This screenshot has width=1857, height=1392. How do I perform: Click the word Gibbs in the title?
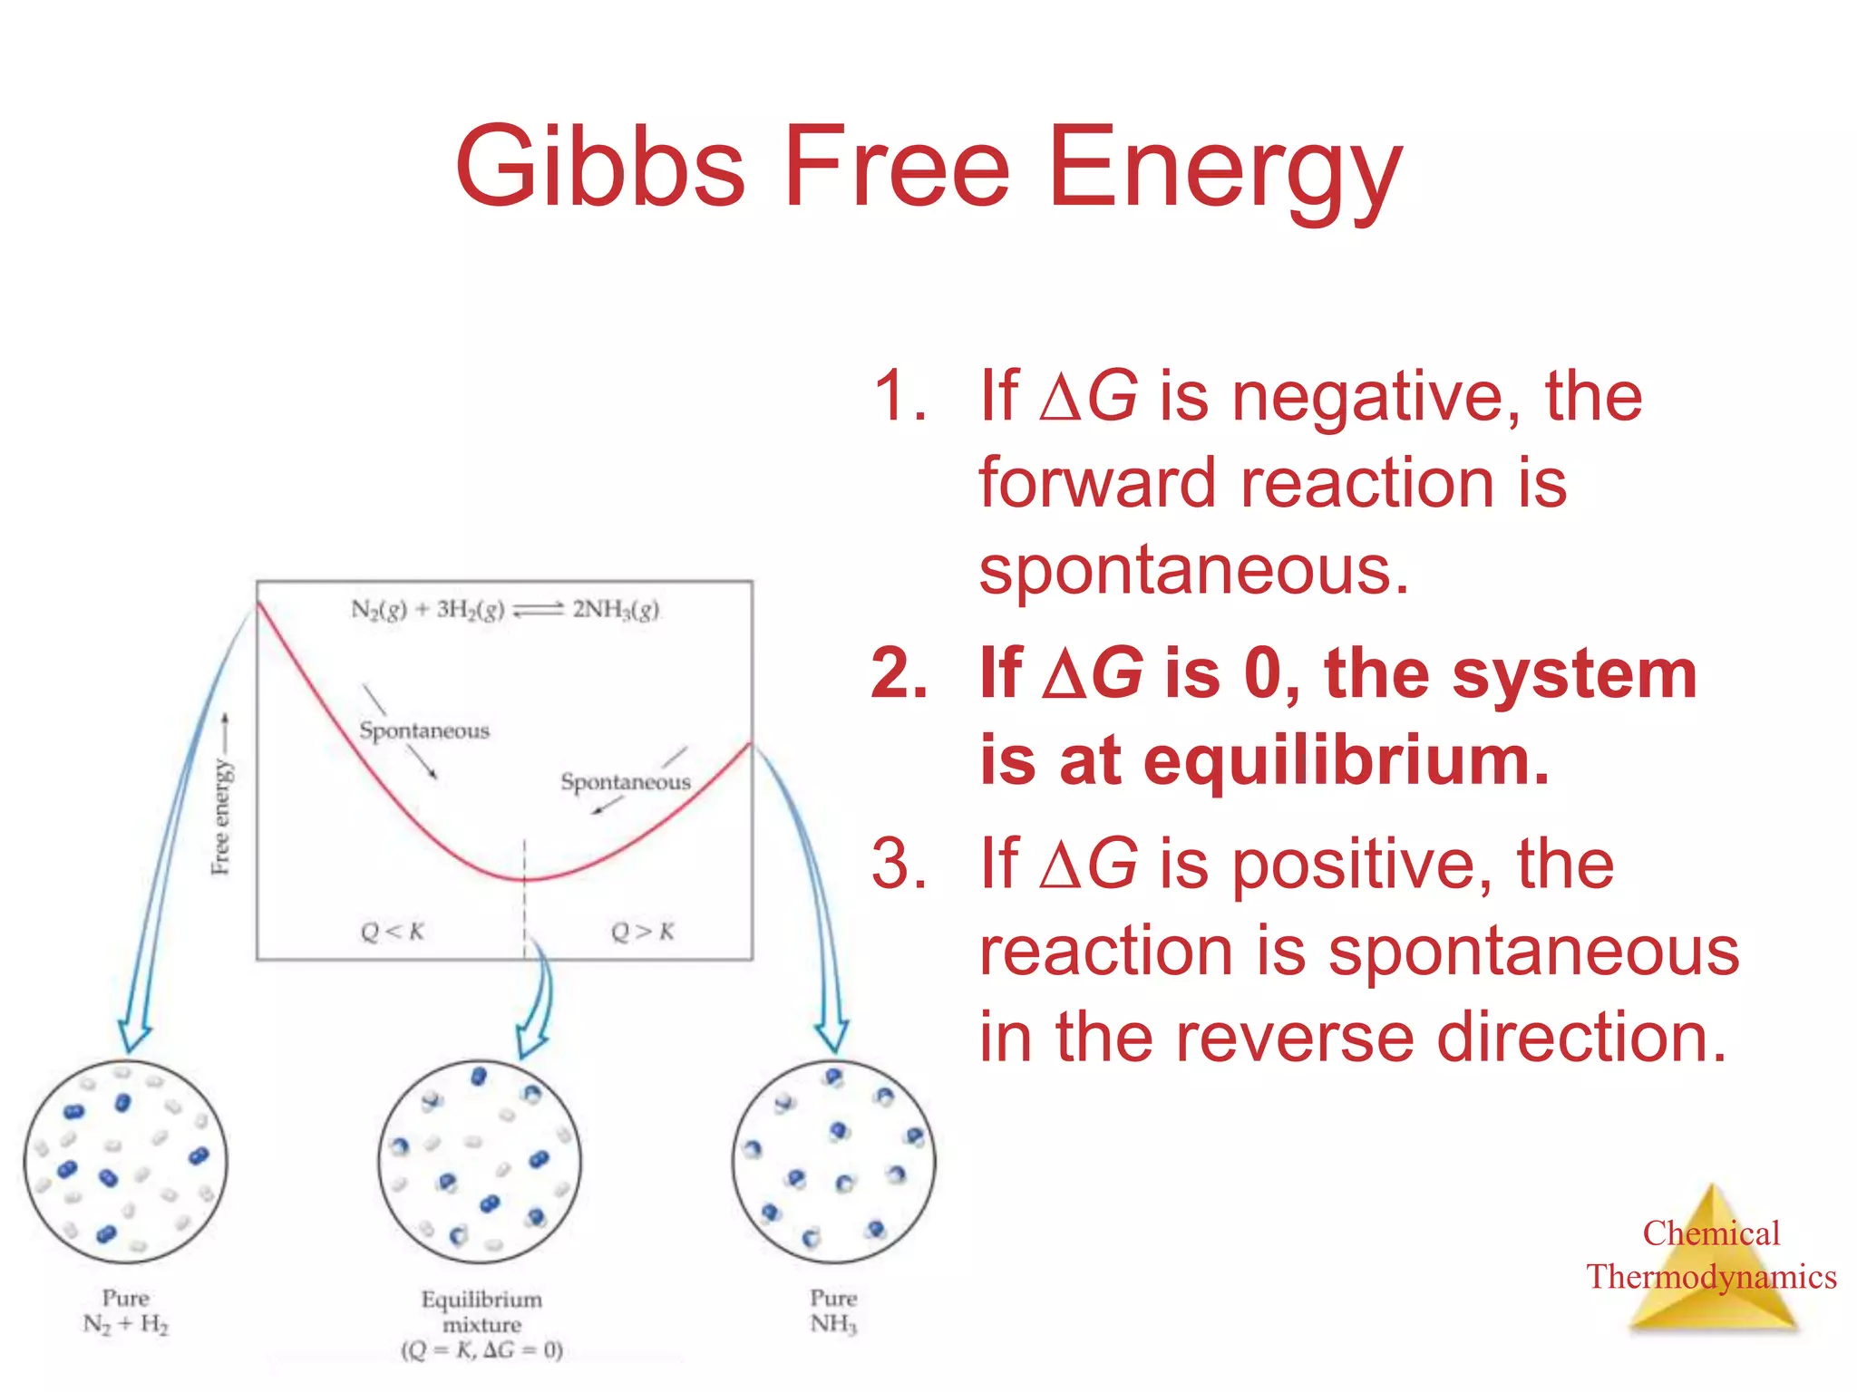pyautogui.click(x=599, y=168)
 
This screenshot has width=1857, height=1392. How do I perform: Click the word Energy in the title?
pyautogui.click(x=1224, y=168)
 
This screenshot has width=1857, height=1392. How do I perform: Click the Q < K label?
pyautogui.click(x=392, y=932)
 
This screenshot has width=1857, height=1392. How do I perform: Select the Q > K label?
pyautogui.click(x=642, y=932)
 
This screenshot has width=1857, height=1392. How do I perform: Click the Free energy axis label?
pyautogui.click(x=221, y=816)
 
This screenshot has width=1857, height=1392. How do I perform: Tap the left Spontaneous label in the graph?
pyautogui.click(x=423, y=730)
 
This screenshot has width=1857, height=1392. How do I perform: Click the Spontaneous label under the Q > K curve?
pyautogui.click(x=625, y=781)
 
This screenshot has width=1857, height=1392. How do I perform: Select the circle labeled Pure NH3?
pyautogui.click(x=833, y=1162)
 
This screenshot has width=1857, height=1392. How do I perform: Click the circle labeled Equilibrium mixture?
pyautogui.click(x=480, y=1162)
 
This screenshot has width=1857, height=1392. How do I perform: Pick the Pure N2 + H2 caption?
pyautogui.click(x=125, y=1311)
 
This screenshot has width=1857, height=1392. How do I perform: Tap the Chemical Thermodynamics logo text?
pyautogui.click(x=1711, y=1255)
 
